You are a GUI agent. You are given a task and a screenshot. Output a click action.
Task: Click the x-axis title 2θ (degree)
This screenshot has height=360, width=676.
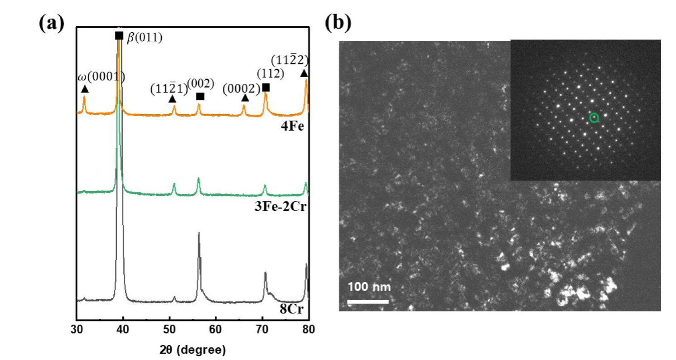[193, 350]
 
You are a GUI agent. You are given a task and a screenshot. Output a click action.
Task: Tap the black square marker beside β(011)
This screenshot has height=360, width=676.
[119, 36]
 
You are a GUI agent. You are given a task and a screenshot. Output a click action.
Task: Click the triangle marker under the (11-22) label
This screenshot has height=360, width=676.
[304, 73]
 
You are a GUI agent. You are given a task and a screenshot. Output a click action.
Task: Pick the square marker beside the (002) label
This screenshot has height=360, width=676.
[200, 97]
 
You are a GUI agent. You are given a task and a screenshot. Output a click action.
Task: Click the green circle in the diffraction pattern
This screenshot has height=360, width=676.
[594, 118]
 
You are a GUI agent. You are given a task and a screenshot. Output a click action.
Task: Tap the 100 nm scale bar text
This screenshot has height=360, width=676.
[369, 287]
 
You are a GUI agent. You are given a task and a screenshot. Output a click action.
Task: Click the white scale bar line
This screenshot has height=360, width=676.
[368, 302]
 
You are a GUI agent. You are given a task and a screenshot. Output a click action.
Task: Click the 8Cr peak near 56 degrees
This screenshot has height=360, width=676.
[198, 234]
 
